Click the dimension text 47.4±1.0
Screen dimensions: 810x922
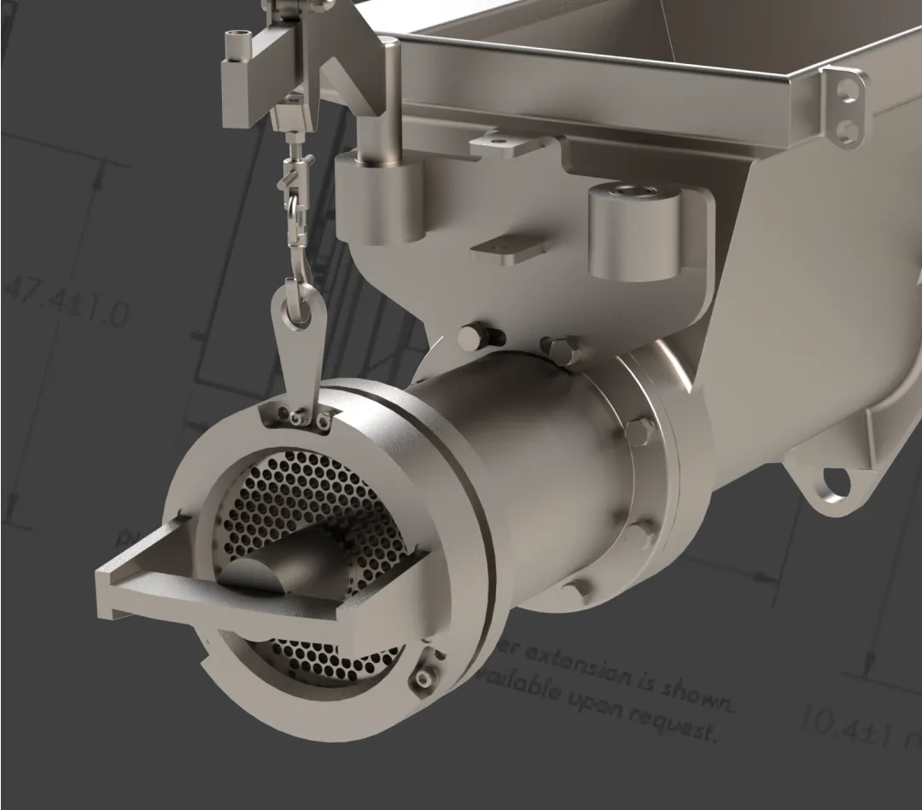click(67, 302)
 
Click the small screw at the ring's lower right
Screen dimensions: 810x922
click(422, 679)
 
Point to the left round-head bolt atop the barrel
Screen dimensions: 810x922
click(469, 337)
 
